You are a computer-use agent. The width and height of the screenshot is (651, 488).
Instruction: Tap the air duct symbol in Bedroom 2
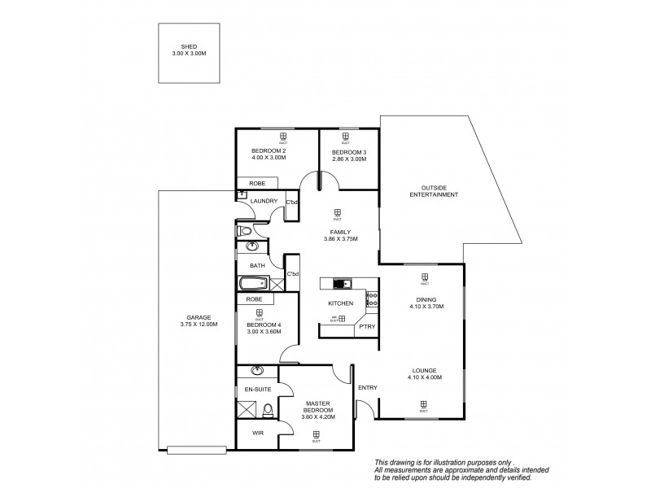(282, 137)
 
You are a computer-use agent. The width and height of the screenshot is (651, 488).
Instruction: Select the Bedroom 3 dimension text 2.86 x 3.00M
(349, 159)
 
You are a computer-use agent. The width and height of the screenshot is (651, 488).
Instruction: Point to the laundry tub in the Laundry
(242, 194)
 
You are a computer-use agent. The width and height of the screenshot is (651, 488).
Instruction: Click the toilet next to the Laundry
(245, 231)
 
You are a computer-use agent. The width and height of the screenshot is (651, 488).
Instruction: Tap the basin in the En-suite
(258, 372)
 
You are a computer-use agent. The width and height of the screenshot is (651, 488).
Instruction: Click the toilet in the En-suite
(267, 409)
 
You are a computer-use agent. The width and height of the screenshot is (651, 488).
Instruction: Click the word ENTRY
(367, 387)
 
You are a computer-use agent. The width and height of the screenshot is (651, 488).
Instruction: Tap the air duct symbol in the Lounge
(424, 404)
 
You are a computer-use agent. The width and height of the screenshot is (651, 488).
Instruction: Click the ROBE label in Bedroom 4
(253, 299)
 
